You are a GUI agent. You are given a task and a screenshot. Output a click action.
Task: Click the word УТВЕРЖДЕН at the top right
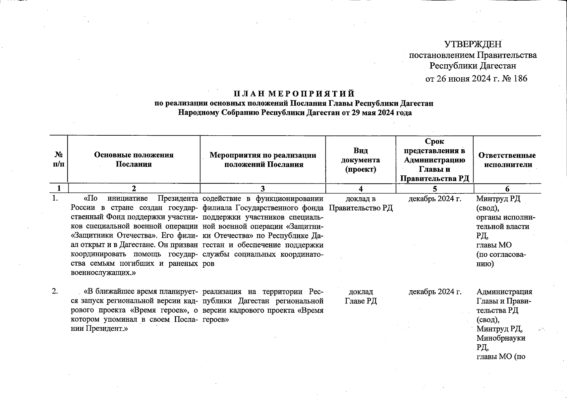(473, 44)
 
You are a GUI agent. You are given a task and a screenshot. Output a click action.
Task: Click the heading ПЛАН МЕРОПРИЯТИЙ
(294, 94)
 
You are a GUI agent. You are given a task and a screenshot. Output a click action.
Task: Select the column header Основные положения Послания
(134, 160)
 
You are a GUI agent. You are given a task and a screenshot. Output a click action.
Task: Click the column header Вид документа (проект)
(361, 160)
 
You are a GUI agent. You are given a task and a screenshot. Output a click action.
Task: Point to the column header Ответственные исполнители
(507, 160)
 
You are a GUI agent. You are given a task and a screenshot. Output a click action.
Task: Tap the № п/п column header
(59, 160)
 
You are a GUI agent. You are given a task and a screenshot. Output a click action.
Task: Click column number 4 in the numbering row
(361, 189)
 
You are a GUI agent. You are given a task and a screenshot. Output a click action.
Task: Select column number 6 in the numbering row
(507, 189)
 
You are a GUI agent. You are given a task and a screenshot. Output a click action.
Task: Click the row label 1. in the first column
(55, 199)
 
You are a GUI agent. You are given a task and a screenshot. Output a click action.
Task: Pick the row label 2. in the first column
(55, 292)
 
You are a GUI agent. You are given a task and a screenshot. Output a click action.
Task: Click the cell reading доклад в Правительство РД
(361, 203)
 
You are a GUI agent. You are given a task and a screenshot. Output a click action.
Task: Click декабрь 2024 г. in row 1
(435, 199)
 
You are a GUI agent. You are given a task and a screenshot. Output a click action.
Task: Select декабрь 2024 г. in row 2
(435, 292)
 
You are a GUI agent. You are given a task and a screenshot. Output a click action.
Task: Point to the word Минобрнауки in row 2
(501, 338)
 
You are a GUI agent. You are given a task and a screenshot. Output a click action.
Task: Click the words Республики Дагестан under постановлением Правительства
(473, 66)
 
